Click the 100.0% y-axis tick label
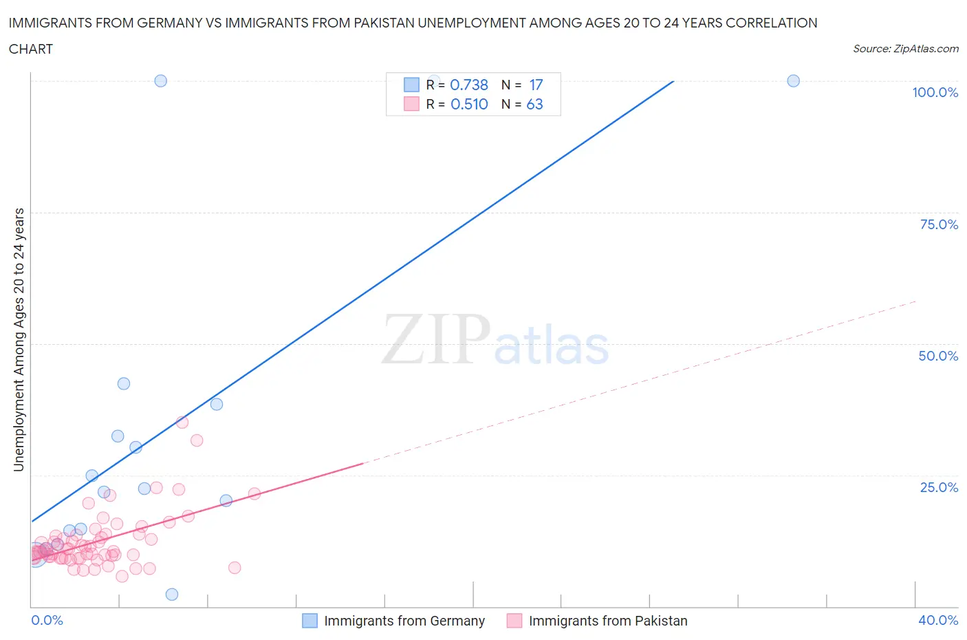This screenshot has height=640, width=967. (935, 92)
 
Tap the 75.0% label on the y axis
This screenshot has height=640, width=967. (939, 224)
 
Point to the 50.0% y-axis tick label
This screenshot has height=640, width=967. (938, 356)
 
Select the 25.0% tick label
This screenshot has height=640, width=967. (939, 487)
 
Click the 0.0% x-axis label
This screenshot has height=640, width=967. (47, 620)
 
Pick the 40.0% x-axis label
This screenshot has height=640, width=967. (938, 620)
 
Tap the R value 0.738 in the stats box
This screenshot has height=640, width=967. (469, 85)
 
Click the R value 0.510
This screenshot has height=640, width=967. (469, 104)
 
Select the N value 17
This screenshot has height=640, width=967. (536, 85)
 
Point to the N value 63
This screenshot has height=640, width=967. (534, 104)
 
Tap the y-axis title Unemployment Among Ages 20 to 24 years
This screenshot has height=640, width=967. (19, 339)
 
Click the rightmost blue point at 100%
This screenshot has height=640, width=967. (793, 81)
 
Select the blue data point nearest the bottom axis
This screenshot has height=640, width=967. (172, 595)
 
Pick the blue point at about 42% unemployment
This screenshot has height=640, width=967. (124, 383)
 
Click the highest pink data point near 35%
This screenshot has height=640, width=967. (182, 422)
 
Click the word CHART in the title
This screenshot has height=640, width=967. (31, 49)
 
